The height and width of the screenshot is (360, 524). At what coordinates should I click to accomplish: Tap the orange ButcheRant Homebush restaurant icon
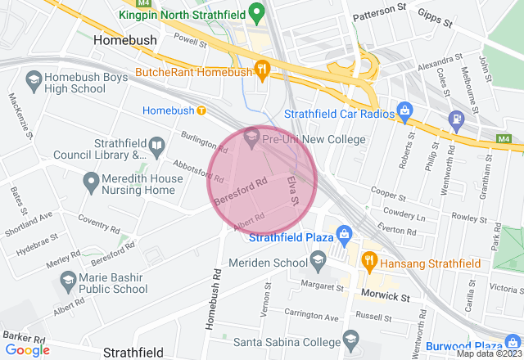coord(262,71)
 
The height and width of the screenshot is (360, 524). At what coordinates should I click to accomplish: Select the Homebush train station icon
coord(201,110)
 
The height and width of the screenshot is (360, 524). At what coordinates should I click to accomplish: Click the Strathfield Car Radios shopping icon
coord(403,110)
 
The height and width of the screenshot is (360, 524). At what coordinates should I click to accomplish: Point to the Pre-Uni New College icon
coord(251,138)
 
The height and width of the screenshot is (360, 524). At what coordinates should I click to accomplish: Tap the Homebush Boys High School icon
coord(34,79)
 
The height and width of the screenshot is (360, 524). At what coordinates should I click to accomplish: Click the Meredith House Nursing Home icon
coord(89,179)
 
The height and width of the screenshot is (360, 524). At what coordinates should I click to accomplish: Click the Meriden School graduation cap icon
coord(317,262)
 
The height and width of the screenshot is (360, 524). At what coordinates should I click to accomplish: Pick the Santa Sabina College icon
coord(350,340)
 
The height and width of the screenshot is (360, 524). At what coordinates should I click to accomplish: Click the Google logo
coord(27,349)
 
